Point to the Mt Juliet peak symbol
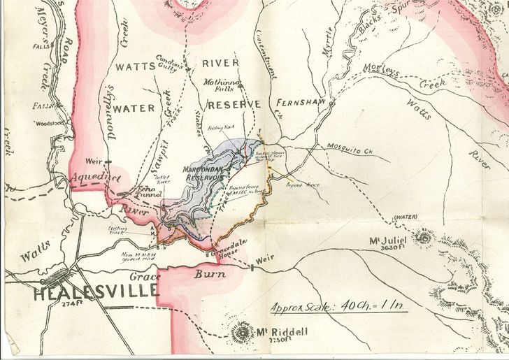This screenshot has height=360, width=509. point(423,238)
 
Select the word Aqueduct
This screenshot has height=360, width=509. point(91,179)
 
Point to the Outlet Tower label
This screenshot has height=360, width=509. point(162,180)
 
